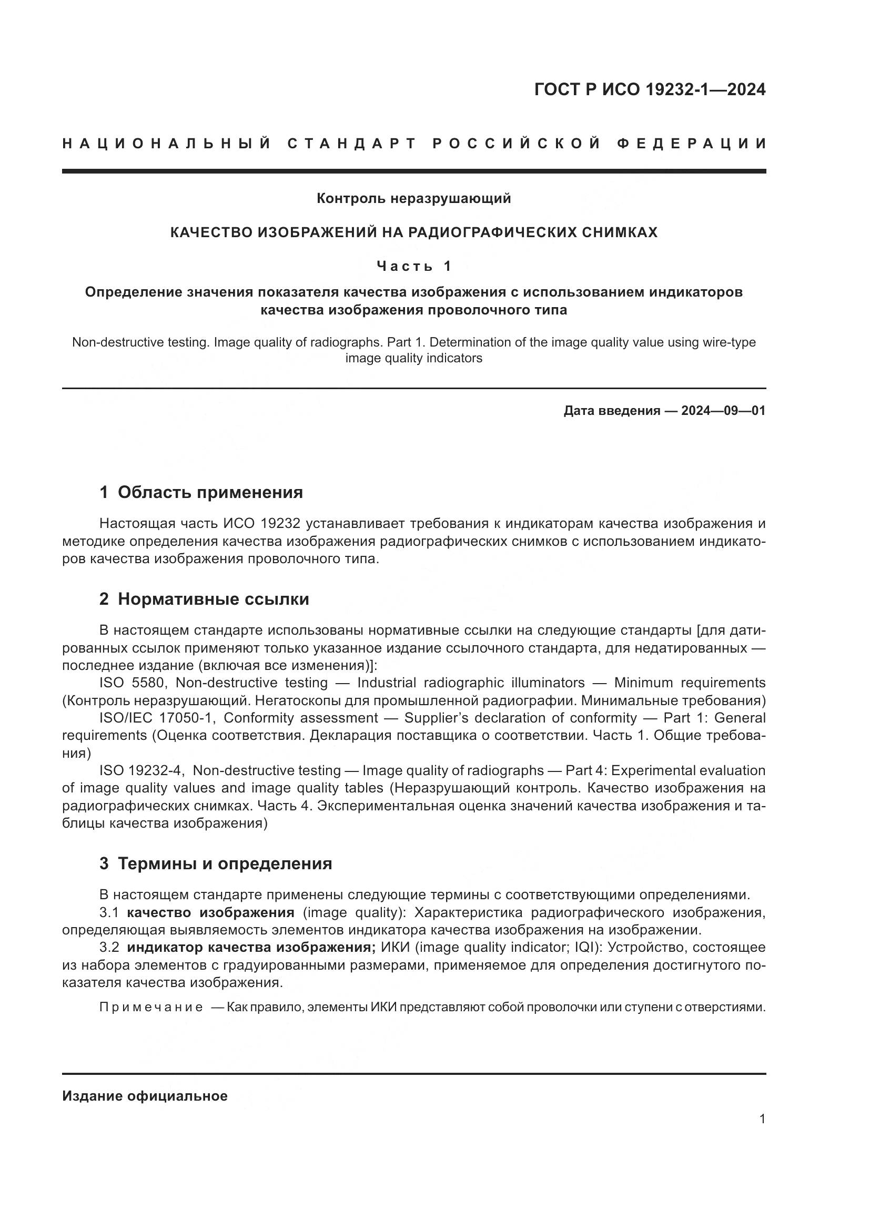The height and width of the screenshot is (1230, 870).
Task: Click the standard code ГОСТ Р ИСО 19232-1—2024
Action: click(649, 89)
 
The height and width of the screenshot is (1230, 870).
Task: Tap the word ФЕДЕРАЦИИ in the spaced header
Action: click(691, 144)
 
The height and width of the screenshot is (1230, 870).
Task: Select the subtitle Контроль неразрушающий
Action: click(413, 199)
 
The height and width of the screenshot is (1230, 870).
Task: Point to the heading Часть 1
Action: click(413, 266)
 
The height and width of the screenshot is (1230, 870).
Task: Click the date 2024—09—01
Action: click(723, 411)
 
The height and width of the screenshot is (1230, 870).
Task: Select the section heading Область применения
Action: click(210, 492)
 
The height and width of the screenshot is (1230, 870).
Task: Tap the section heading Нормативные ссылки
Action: click(213, 599)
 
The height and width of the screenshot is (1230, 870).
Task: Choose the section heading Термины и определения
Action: click(225, 863)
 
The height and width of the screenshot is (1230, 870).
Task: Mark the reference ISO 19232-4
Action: click(141, 771)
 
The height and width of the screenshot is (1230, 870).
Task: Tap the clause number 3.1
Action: click(109, 912)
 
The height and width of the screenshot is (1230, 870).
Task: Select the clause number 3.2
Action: click(109, 947)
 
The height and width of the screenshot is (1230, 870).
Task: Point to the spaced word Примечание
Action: click(151, 1007)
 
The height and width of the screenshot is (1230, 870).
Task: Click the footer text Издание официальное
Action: click(145, 1096)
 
